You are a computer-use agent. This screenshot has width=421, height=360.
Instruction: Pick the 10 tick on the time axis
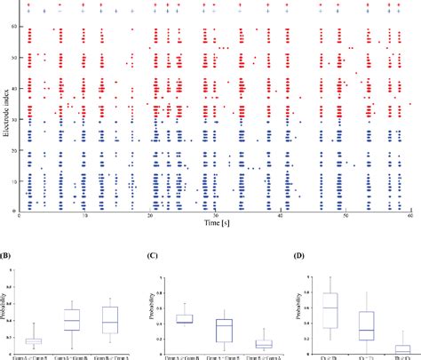click(x=85, y=214)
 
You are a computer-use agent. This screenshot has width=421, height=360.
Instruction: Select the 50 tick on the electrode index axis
click(x=15, y=58)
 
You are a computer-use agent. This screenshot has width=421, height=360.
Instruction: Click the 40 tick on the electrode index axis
click(x=15, y=89)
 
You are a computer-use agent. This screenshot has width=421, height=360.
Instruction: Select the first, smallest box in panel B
click(x=33, y=341)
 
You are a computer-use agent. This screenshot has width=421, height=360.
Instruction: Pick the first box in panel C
click(x=183, y=318)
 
